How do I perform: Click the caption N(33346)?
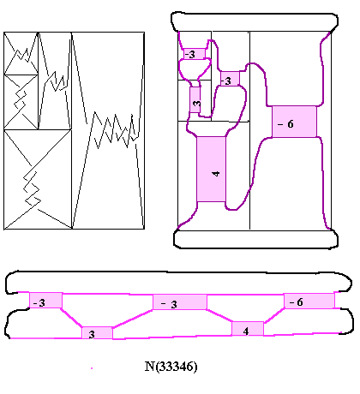coord(171,367)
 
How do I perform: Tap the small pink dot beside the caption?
coord(92,368)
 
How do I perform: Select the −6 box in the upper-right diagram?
coord(294,122)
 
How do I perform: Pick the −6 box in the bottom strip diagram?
coord(309,301)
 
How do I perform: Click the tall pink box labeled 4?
coord(212,170)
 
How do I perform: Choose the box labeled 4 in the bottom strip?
coord(248,329)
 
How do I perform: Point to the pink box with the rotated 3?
coord(195,99)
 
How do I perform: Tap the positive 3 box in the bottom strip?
coord(97,333)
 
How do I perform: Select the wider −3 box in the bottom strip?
coord(180,302)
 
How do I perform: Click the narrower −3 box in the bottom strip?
coord(45,300)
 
